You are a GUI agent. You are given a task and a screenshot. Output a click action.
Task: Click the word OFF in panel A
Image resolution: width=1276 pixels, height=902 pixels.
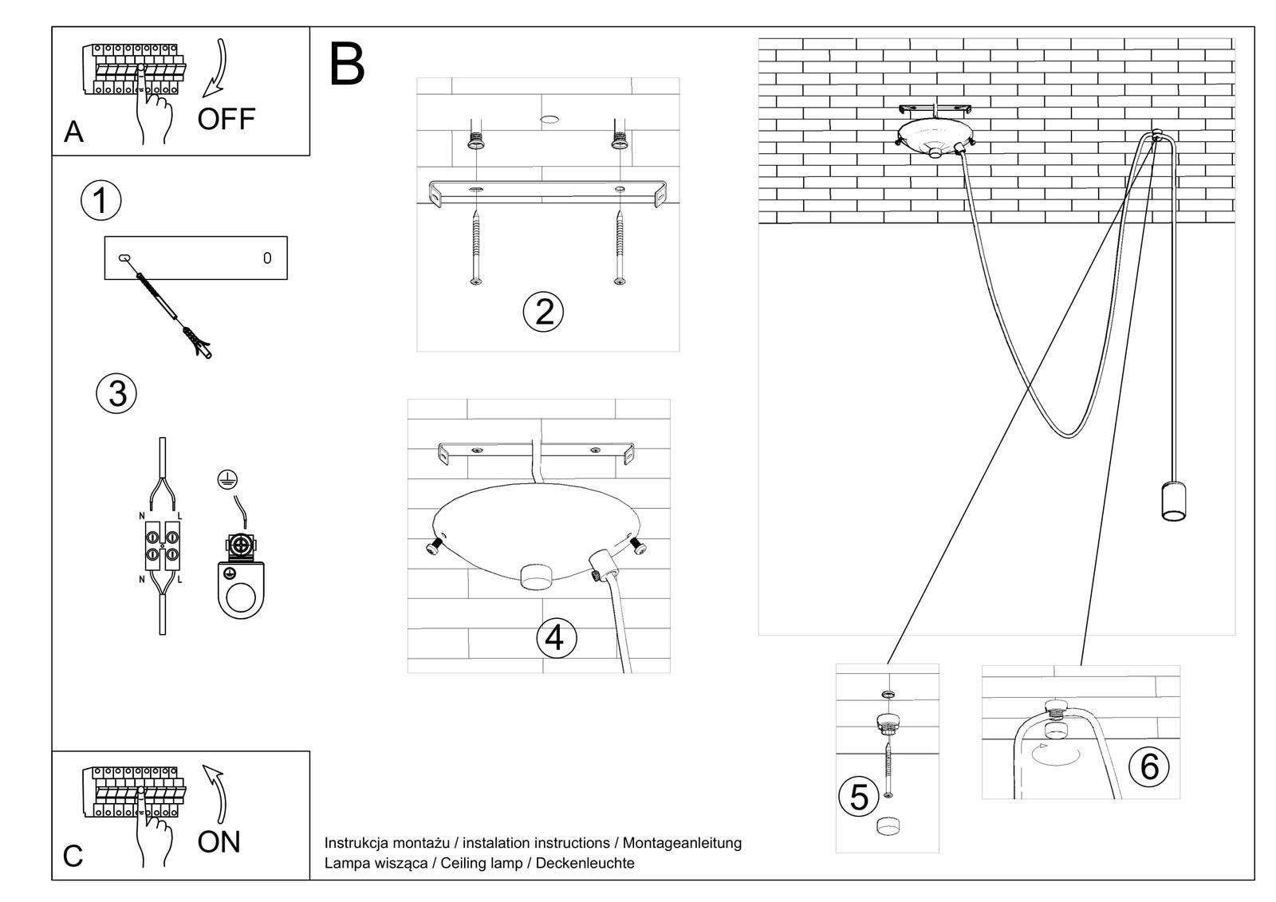tap(226, 120)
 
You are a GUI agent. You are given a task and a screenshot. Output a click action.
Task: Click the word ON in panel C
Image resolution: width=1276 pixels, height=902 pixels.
tap(219, 841)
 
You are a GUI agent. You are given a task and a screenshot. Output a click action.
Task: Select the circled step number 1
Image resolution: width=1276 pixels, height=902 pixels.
tap(100, 200)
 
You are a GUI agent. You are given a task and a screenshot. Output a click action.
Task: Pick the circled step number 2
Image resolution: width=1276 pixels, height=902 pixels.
tap(543, 311)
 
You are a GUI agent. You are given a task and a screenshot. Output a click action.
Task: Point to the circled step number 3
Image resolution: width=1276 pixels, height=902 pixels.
tap(116, 394)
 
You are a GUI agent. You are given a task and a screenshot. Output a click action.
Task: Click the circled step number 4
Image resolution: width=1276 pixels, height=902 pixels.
tap(555, 638)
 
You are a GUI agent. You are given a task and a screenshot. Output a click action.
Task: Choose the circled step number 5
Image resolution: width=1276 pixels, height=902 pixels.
tap(859, 798)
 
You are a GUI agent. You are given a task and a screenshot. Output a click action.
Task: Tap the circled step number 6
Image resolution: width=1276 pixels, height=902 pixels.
tap(1149, 766)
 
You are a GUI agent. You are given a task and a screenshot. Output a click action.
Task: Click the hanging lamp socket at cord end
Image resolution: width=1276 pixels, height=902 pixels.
tap(1172, 501)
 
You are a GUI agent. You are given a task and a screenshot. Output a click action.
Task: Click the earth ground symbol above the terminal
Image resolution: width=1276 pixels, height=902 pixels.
tap(227, 479)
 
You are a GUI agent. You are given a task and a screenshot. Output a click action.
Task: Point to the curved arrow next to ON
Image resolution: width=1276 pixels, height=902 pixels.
tap(216, 794)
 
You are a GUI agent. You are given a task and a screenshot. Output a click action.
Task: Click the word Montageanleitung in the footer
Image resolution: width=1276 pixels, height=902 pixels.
tap(682, 843)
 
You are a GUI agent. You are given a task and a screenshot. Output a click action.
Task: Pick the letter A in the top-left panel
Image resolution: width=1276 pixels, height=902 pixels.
tap(73, 132)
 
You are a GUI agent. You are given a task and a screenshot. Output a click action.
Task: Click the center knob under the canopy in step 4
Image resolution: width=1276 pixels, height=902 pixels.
tap(535, 576)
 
